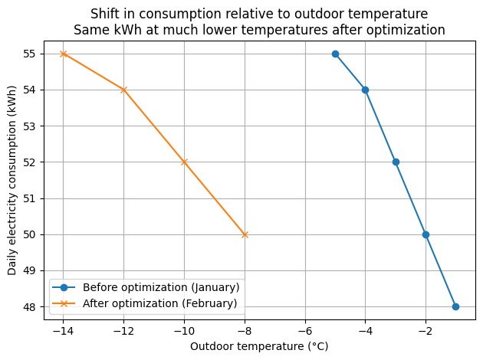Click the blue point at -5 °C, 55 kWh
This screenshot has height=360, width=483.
pyautogui.click(x=335, y=54)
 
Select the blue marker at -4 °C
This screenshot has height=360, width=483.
pyautogui.click(x=365, y=90)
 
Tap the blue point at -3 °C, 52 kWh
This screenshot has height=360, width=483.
pyautogui.click(x=396, y=162)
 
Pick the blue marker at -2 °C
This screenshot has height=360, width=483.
pyautogui.click(x=426, y=234)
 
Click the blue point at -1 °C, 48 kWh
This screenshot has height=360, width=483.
pyautogui.click(x=455, y=306)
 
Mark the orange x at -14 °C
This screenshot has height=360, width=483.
pyautogui.click(x=63, y=54)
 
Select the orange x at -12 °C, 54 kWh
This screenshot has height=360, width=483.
pyautogui.click(x=123, y=90)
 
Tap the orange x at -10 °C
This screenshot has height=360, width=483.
pyautogui.click(x=184, y=162)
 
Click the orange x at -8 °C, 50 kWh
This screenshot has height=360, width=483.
pyautogui.click(x=245, y=234)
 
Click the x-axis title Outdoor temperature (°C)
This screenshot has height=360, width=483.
pyautogui.click(x=260, y=346)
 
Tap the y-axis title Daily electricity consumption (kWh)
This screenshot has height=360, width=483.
pyautogui.click(x=12, y=180)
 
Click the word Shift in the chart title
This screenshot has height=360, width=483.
pyautogui.click(x=103, y=14)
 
